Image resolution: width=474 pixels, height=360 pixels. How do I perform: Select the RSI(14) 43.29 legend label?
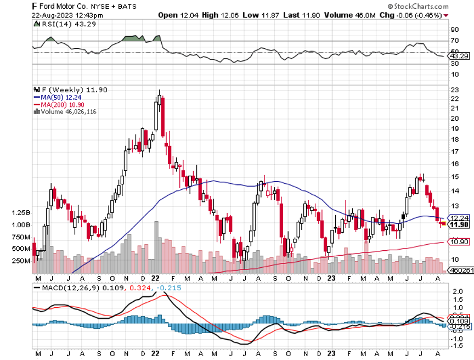tap(60, 24)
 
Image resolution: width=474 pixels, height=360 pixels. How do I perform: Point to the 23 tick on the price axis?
tap(454, 89)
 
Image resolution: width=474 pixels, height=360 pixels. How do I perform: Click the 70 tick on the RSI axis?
tap(455, 41)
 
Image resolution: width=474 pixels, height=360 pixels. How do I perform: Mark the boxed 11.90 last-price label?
tap(459, 224)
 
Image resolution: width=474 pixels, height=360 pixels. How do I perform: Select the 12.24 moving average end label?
tap(459, 217)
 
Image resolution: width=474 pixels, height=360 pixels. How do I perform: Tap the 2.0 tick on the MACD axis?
tap(456, 292)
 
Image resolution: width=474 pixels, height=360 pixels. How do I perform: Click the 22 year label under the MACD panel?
tap(155, 354)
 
